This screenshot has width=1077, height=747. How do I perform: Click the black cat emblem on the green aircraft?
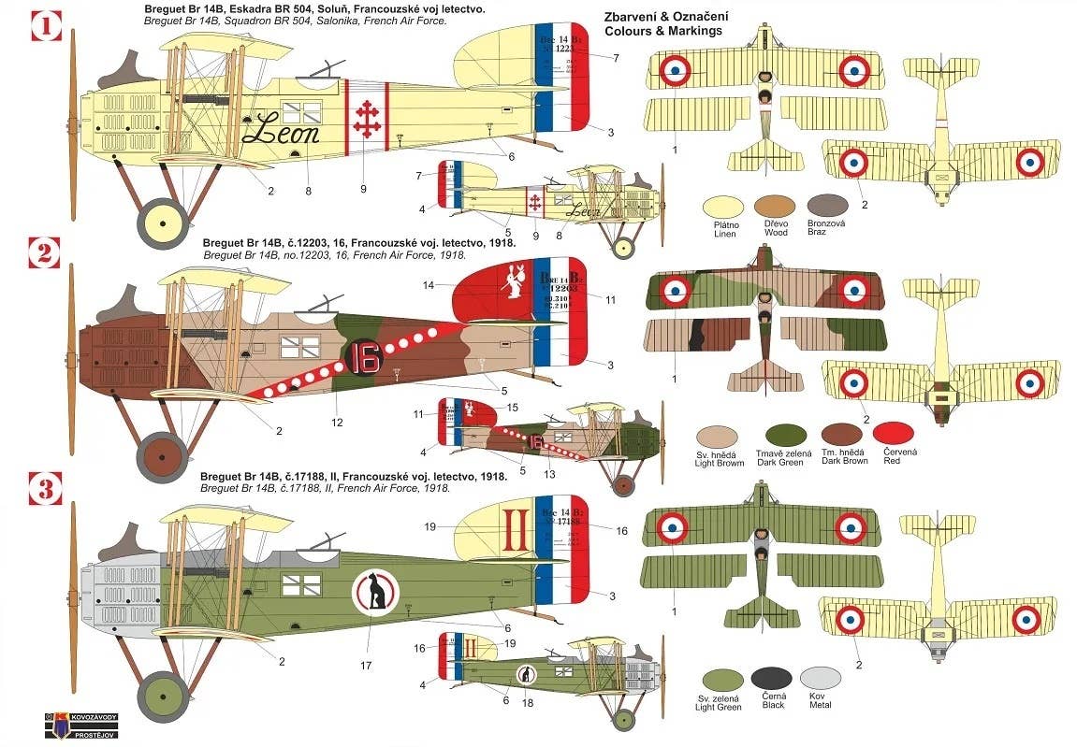click(375, 592)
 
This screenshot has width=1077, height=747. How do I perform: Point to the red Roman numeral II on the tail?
click(514, 531)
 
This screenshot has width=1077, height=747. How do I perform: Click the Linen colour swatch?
click(727, 206)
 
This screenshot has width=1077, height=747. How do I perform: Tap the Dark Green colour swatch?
click(786, 435)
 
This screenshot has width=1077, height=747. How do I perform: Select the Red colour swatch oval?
click(893, 433)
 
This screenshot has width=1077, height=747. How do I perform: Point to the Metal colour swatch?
click(821, 678)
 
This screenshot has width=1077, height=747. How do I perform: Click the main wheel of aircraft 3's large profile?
click(163, 697)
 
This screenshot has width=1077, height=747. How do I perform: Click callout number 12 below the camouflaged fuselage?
click(337, 423)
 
